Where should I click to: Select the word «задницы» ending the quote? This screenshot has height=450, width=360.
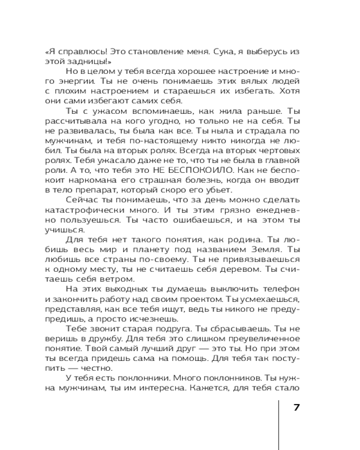[x=88, y=62]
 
